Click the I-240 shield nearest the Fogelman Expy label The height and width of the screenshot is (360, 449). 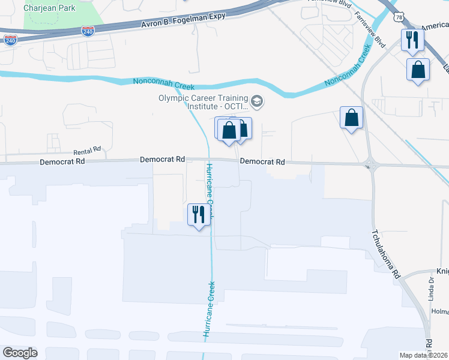coord(88,31)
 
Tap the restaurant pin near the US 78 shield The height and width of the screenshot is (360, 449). coord(412,40)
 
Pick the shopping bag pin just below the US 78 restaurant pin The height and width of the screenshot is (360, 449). coord(418,70)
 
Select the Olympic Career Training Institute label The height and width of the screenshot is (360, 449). coord(203,103)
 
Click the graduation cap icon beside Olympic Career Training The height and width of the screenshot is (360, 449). coord(257,101)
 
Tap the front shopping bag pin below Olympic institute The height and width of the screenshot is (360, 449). coord(229,130)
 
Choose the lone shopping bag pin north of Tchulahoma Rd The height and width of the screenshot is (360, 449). coord(351,118)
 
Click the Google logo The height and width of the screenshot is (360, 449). coord(20,353)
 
